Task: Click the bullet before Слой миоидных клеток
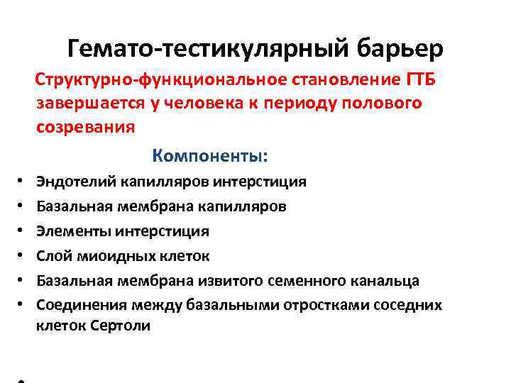point(22,256)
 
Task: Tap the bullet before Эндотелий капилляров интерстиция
point(22,182)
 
